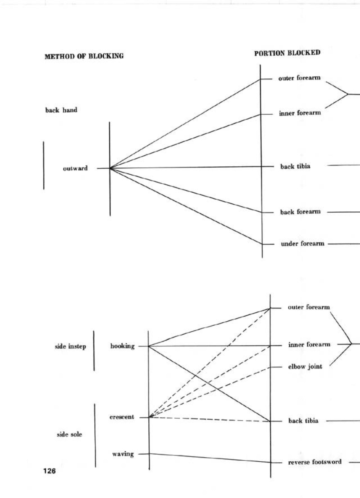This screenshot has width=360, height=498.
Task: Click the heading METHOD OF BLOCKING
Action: coord(84,56)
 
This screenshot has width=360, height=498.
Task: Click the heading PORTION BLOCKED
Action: coord(287,53)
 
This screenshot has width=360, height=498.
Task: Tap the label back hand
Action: coord(61,110)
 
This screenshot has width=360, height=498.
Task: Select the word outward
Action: coord(75,168)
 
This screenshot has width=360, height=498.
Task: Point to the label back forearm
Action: coord(300,212)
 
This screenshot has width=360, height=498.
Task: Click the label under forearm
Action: coord(302,244)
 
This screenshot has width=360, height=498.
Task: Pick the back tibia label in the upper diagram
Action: coord(295,166)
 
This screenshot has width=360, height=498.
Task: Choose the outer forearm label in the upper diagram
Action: coord(299,78)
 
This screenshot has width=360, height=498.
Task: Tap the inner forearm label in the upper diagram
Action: coord(300,113)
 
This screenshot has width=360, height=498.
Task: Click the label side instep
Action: coord(70,347)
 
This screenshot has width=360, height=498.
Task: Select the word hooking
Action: coord(122,346)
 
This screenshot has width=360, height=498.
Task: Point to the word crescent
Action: coord(122,417)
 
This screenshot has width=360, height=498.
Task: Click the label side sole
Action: coord(69,434)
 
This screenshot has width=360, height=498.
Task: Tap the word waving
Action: coord(123,454)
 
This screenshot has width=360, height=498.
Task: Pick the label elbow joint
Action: coord(305,366)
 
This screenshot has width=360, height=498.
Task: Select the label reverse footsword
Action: coord(315,462)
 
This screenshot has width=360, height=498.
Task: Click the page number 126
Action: coord(49,471)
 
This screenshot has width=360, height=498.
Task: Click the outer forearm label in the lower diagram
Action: coord(309,307)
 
